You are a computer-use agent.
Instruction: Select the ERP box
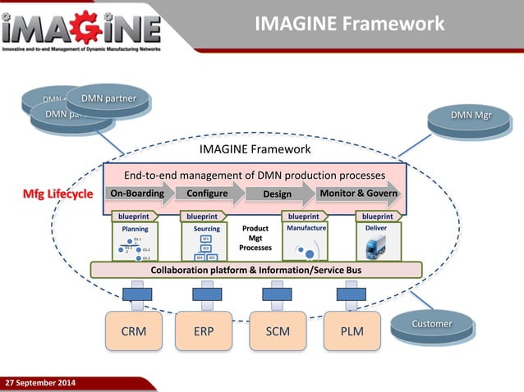(206, 331)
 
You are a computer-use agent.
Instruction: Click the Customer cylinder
(431, 325)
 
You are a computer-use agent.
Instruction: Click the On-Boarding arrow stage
(137, 194)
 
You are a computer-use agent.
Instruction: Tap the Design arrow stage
(275, 194)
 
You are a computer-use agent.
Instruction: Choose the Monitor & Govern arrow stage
(358, 194)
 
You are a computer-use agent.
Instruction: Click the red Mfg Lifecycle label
(57, 194)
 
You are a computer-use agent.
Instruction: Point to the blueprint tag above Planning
(131, 217)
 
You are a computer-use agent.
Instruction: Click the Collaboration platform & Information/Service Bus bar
(255, 270)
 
